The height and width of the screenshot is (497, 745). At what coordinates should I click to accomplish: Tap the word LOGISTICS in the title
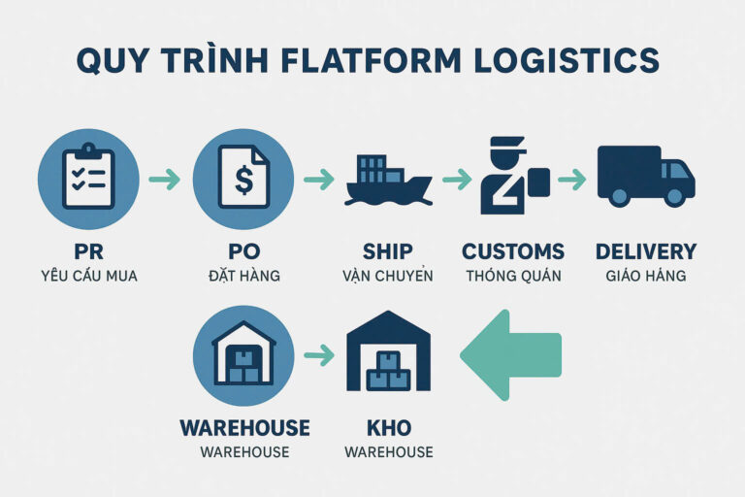tap(569, 59)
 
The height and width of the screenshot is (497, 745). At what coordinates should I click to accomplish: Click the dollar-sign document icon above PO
tap(243, 178)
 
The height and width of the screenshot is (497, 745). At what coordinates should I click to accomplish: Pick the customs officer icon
tap(510, 178)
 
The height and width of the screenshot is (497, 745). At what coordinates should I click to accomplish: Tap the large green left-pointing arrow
tap(511, 354)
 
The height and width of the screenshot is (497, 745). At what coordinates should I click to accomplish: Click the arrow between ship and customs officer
tap(456, 180)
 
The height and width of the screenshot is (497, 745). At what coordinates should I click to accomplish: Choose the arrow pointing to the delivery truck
tap(572, 180)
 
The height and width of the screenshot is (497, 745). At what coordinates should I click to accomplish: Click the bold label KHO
tap(387, 428)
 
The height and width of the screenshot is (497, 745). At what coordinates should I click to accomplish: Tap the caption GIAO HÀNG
tap(645, 276)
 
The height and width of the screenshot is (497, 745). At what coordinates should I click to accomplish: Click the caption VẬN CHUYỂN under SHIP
tap(388, 276)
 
